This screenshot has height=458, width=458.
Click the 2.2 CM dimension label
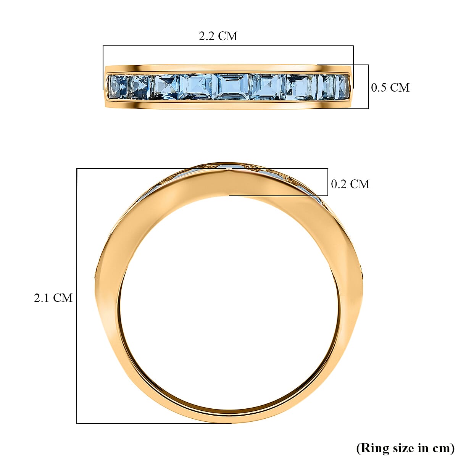[x=218, y=36]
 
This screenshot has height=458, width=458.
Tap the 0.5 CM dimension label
[x=390, y=87]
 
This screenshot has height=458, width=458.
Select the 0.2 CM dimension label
[x=350, y=184]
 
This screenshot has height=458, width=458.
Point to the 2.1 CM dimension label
[x=53, y=298]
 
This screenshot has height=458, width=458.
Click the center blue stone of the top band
[x=231, y=87]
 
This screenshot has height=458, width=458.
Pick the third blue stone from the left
[x=166, y=87]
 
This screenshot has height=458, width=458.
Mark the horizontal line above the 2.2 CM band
[x=228, y=46]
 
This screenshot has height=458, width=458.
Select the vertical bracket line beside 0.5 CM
[x=368, y=87]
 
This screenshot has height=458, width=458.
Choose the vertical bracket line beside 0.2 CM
[x=327, y=182]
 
